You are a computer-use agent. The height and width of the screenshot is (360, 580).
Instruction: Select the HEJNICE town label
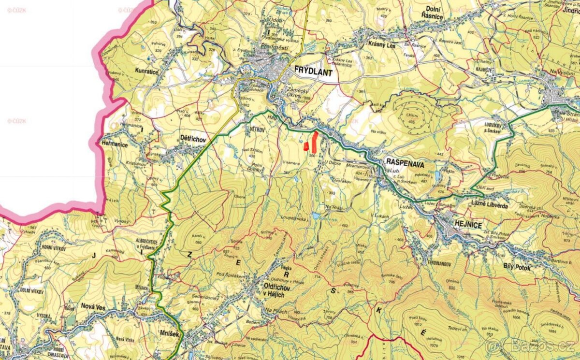[x=454, y=224]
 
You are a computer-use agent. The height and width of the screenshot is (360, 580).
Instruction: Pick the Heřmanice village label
[x=114, y=144]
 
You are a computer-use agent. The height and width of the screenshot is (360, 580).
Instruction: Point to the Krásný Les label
[x=382, y=44]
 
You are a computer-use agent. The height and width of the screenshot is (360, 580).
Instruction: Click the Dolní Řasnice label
[x=428, y=12]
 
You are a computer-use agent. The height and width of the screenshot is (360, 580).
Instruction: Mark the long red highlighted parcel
[x=314, y=141]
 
